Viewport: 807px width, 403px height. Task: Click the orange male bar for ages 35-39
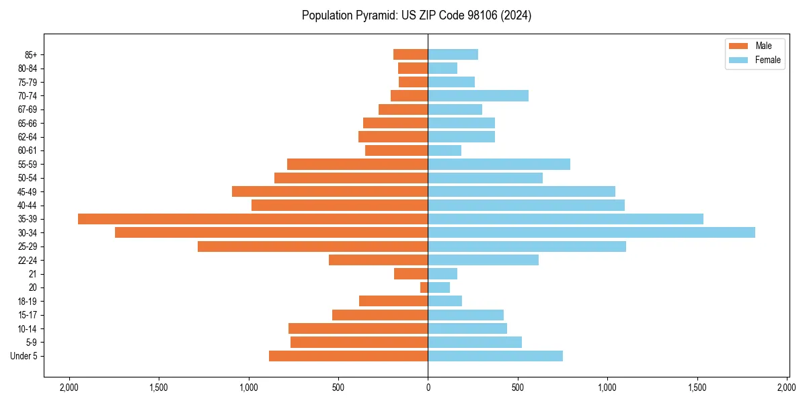[x=253, y=219]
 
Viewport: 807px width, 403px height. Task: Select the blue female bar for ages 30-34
[x=591, y=232]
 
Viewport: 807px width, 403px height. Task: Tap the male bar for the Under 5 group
[x=348, y=356]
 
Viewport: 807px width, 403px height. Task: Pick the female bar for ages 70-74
[x=478, y=95]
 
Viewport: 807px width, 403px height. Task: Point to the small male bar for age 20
[x=424, y=287]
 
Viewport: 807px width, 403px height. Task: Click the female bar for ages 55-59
[x=499, y=164]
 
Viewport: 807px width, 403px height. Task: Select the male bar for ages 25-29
[x=313, y=247]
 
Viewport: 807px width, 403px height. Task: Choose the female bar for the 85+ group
[x=453, y=54]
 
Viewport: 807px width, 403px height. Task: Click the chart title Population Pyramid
[x=416, y=15]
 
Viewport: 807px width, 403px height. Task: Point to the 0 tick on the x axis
[x=428, y=388]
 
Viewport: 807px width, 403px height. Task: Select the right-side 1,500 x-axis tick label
[x=697, y=388]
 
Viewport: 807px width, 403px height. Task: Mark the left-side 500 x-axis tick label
[x=338, y=388]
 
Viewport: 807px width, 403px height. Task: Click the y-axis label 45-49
[x=27, y=191]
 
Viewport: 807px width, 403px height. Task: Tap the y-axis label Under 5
[x=24, y=356]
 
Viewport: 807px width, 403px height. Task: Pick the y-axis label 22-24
[x=27, y=260]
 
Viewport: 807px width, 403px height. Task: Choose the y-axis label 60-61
[x=27, y=150]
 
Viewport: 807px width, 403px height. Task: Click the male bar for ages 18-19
[x=393, y=301]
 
